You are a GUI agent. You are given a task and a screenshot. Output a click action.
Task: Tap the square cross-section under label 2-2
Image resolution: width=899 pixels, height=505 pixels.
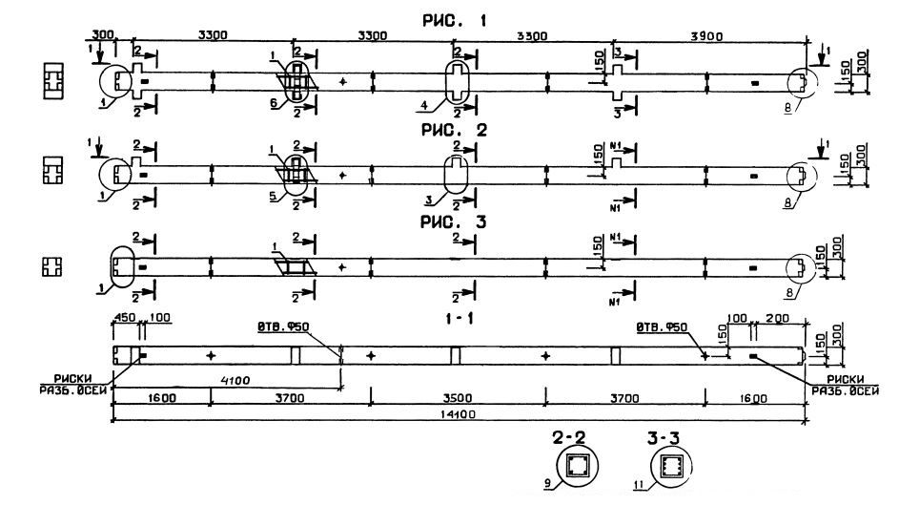click(577, 468)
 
